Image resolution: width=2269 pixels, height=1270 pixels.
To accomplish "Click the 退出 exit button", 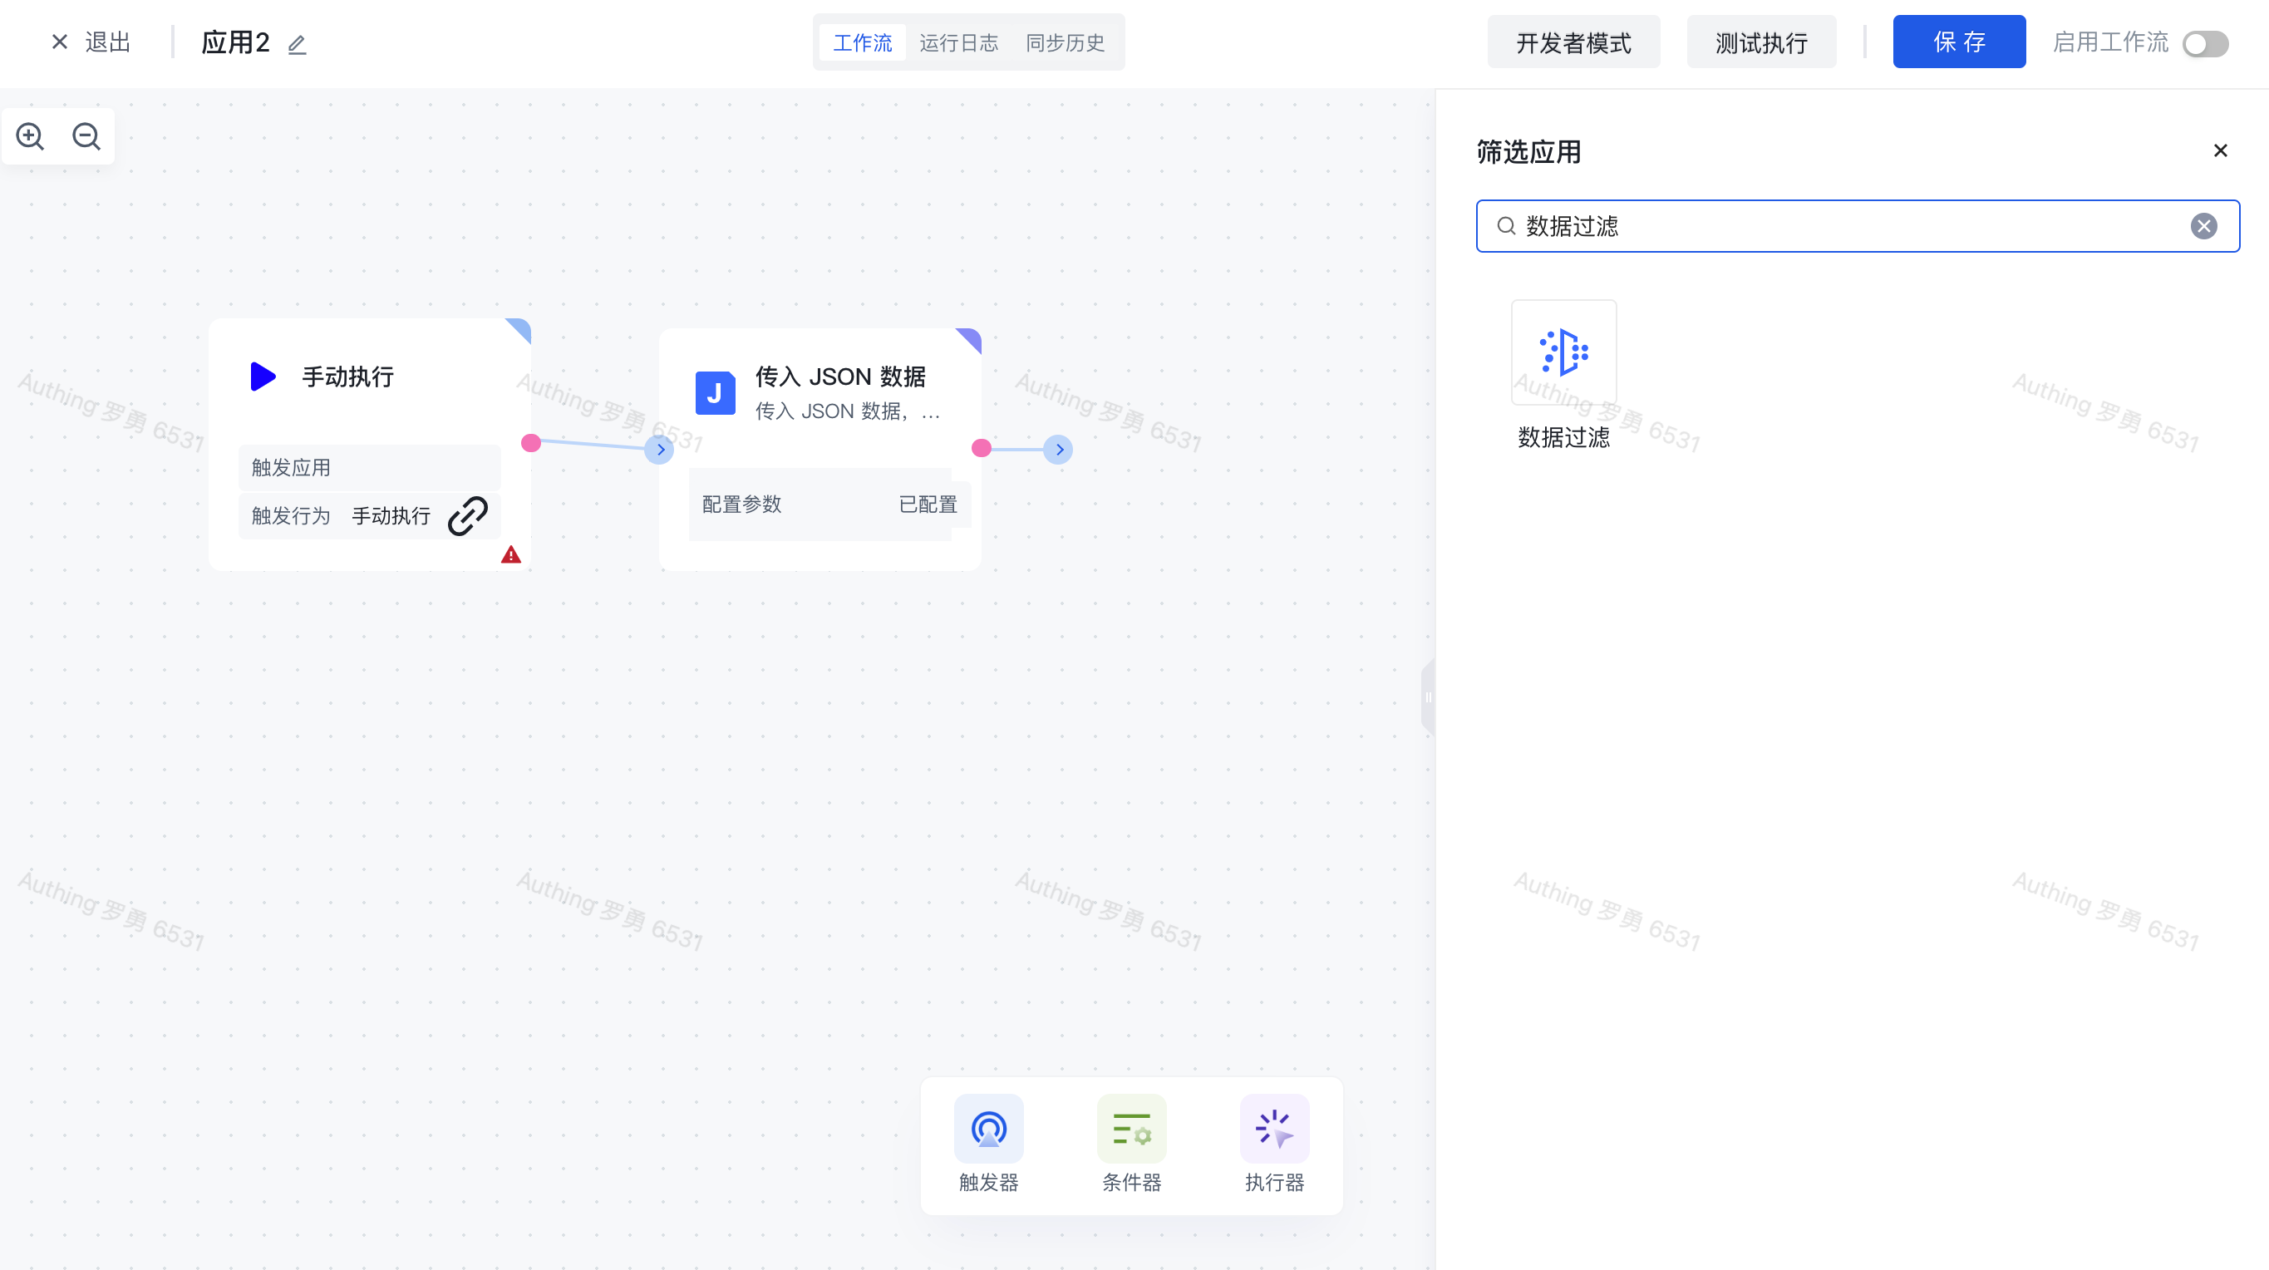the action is [x=91, y=42].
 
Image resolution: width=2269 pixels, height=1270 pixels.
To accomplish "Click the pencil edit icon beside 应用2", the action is [x=297, y=44].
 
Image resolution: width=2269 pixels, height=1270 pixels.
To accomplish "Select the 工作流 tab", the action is [x=863, y=42].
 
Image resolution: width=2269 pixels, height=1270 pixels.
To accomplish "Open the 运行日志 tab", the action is [x=958, y=42].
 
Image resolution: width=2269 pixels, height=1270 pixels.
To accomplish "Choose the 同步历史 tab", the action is [x=1065, y=42].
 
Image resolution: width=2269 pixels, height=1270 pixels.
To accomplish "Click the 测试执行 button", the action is [x=1762, y=42].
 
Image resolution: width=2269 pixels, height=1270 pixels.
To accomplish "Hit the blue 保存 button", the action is [x=1959, y=42].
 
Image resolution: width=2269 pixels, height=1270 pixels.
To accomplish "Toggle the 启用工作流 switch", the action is [x=2206, y=43].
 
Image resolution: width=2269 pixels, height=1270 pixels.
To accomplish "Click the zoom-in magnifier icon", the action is [x=30, y=135].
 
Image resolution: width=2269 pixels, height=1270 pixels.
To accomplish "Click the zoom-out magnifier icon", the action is [x=86, y=135].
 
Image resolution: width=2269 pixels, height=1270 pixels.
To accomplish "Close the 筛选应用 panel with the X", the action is [x=2221, y=150].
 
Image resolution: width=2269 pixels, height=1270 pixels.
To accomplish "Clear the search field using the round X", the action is [x=2204, y=226].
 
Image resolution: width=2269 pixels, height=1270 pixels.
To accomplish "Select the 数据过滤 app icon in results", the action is [x=1563, y=352].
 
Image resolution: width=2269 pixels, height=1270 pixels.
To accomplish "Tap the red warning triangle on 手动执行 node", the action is [x=511, y=555].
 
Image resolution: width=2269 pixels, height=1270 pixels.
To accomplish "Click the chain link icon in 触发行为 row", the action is [x=468, y=515].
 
